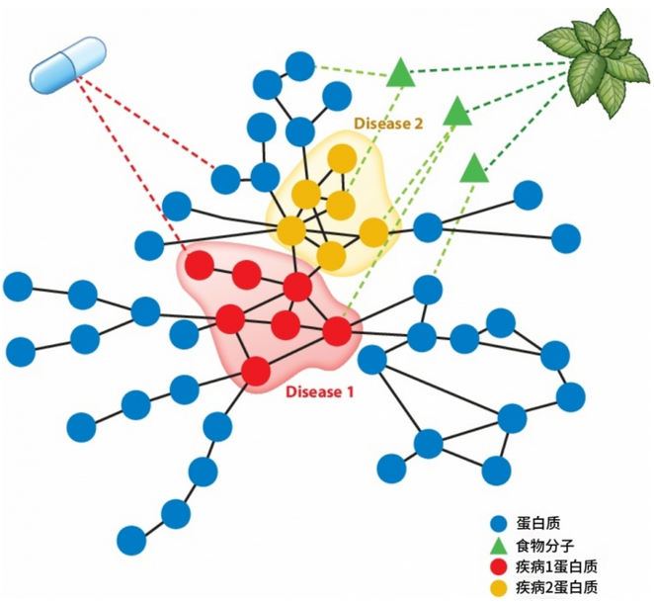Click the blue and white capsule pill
tap(67, 67)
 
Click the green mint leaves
tap(594, 60)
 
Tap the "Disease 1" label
tap(320, 391)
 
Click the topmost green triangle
tap(400, 72)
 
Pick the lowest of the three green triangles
tap(474, 168)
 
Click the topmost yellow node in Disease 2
tap(341, 158)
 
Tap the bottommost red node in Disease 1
tap(256, 371)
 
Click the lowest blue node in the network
tap(131, 540)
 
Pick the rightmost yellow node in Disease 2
tap(373, 232)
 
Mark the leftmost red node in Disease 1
tap(200, 265)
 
